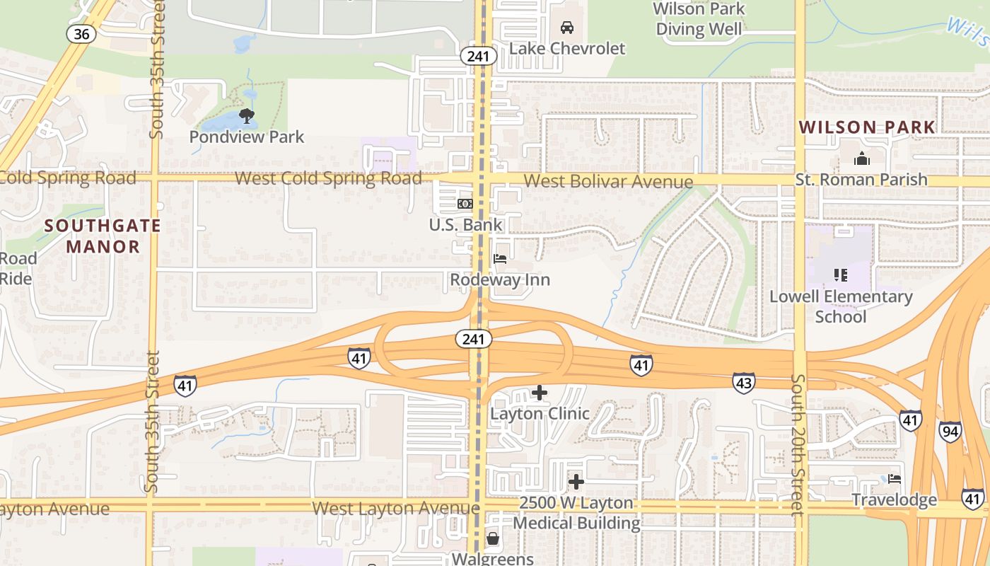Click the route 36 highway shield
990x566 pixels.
[81, 33]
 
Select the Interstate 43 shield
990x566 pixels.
[743, 382]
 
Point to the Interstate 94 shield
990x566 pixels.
[950, 431]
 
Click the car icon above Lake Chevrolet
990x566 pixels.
[566, 28]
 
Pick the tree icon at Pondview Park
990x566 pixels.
[246, 116]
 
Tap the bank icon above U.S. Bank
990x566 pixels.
[465, 204]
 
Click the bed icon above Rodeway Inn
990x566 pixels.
[500, 258]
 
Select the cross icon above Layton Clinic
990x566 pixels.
[540, 392]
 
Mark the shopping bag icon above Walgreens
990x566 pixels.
[492, 539]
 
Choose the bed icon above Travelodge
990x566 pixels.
[895, 479]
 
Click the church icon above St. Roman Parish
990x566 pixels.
[861, 158]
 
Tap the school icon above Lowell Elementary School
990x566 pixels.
[840, 275]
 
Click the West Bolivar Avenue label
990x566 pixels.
[608, 181]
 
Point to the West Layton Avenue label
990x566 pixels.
[395, 508]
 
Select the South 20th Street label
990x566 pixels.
[798, 444]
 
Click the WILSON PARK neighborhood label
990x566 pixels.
[867, 127]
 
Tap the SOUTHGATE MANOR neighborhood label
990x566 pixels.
[103, 236]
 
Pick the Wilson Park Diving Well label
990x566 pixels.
[699, 19]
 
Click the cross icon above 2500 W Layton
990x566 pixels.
[576, 482]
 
